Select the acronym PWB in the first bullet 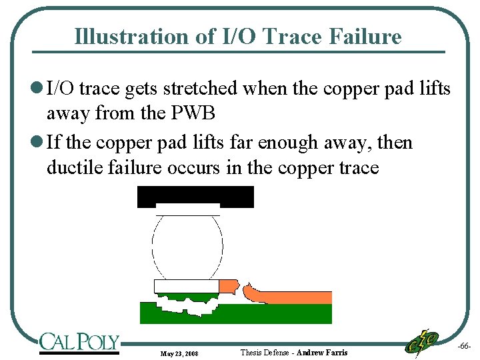193,113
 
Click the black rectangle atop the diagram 195,196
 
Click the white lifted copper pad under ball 186,286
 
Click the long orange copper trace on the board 293,297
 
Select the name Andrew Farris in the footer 322,352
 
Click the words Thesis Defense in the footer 265,352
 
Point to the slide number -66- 465,347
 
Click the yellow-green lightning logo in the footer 422,343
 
